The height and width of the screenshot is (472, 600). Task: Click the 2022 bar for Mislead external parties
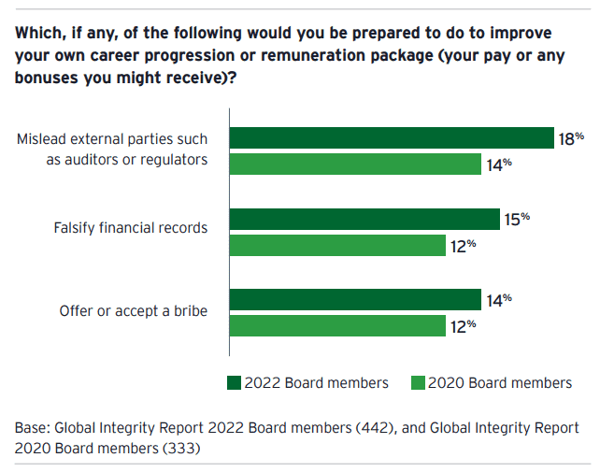coord(393,137)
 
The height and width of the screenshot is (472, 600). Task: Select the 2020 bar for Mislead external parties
coord(356,164)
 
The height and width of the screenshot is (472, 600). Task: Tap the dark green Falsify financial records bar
coord(364,219)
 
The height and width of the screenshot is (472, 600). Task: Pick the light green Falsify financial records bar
coord(337,245)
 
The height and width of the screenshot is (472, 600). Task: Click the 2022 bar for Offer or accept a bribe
coord(355,300)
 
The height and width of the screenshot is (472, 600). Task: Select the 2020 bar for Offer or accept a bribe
coord(337,325)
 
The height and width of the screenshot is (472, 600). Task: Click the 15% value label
coord(518,219)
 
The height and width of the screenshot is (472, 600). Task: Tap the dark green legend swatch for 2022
coord(234,382)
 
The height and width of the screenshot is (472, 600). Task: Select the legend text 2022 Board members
coord(316,382)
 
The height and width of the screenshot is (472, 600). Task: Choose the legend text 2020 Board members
coord(500,382)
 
